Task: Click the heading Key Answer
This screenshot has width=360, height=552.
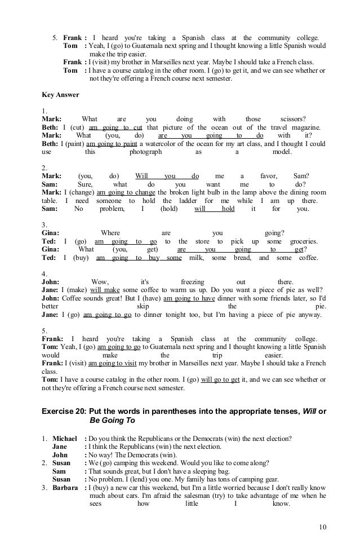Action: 61,94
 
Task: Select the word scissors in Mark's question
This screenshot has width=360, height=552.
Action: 292,119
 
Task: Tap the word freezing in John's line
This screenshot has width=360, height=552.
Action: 193,282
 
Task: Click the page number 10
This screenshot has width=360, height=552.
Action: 322,527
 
